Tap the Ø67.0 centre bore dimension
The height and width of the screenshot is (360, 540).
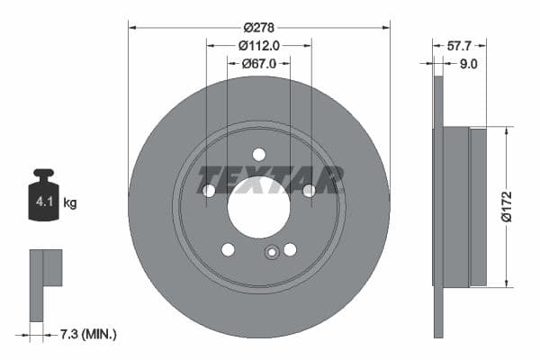click(259, 63)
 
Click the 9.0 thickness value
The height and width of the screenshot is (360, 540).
click(468, 63)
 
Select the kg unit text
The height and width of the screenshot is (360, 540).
click(70, 203)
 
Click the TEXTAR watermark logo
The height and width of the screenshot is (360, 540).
click(270, 180)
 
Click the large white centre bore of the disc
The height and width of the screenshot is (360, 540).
click(258, 208)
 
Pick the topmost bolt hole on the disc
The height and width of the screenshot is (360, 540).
click(259, 154)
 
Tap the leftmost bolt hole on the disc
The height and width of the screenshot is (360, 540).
click(209, 191)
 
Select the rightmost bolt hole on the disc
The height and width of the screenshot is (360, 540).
click(309, 190)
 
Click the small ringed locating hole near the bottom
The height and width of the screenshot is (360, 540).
click(271, 253)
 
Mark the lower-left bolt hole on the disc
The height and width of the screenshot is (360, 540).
click(228, 249)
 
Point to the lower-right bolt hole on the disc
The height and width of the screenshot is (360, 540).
click(290, 249)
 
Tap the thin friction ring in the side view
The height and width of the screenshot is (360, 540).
click(438, 207)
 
